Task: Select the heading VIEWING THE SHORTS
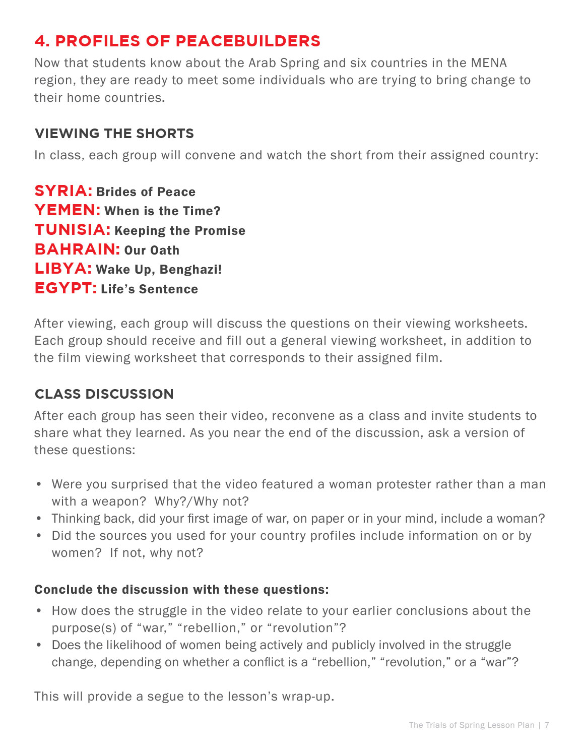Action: pos(114,134)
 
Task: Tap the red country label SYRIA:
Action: pos(63,191)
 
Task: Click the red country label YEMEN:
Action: pos(68,210)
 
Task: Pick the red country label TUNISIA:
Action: pos(73,230)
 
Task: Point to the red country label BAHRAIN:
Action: pos(77,249)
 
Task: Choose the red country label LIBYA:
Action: pos(63,269)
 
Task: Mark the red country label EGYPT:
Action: pos(66,288)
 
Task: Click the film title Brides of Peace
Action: pos(146,192)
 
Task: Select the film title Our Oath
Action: pos(152,250)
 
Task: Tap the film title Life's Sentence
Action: pos(149,289)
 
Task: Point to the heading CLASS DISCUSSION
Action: pos(104,394)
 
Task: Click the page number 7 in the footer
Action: pos(547,725)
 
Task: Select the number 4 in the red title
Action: pos(41,41)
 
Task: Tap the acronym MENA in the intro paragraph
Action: pos(489,63)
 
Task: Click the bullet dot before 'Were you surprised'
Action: pos(39,484)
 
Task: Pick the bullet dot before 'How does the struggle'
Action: pos(39,611)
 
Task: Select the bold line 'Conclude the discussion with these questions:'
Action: pos(181,590)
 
